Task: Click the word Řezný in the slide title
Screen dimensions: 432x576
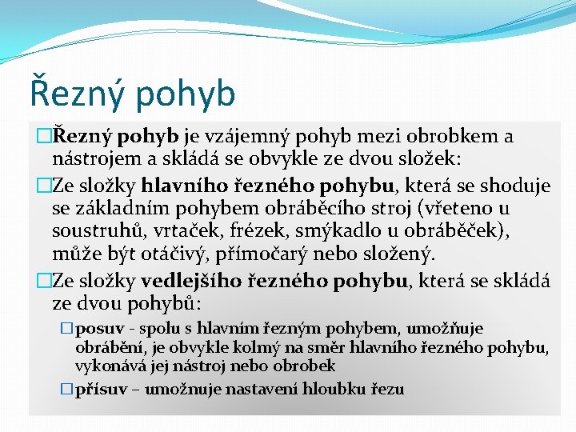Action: coord(76,91)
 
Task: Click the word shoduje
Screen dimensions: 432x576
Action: coord(513,186)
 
